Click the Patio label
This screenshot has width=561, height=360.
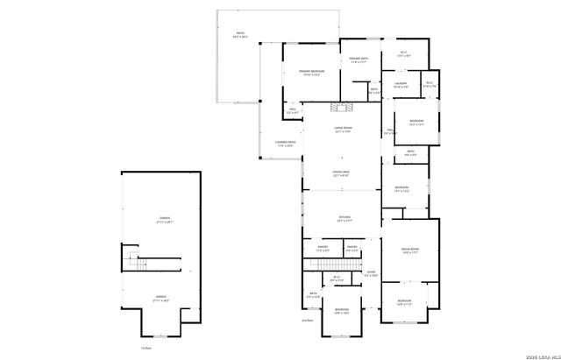[x=240, y=36]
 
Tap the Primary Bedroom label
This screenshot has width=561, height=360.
[x=311, y=73]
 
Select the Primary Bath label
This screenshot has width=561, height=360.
[x=358, y=60]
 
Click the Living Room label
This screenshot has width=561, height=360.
[x=343, y=130]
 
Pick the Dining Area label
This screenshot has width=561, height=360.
[x=342, y=173]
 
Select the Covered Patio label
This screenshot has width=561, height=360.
[x=286, y=143]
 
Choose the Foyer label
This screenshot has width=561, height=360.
[x=371, y=273]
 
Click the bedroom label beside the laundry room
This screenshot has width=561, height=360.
[x=415, y=122]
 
